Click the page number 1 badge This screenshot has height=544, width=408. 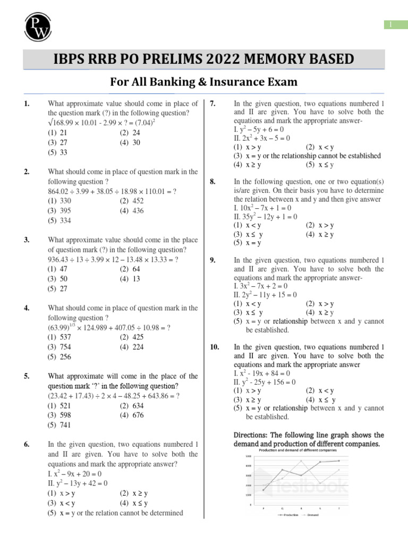click(x=390, y=24)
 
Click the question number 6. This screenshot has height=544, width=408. click(x=27, y=445)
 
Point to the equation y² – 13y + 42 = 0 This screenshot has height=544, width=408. click(x=78, y=483)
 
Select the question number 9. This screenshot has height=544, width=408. click(x=212, y=260)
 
